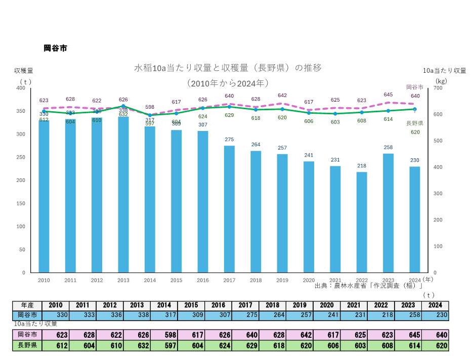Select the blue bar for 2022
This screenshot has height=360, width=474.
coord(361,222)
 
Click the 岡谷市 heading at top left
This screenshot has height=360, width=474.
coord(55,49)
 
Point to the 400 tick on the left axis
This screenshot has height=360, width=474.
coord(21,88)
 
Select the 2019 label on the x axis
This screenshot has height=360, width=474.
coord(282,280)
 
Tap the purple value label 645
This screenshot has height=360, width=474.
coord(388,95)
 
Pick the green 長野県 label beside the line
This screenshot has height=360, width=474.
coord(415,123)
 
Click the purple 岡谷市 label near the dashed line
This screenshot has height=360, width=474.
coord(415,87)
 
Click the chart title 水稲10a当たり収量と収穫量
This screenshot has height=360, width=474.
coord(228,67)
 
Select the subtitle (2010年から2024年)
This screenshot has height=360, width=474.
coord(227,82)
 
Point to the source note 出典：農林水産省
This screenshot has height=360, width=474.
coord(368,286)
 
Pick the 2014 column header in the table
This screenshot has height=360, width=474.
coord(164,305)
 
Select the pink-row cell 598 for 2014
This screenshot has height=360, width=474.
coord(164,335)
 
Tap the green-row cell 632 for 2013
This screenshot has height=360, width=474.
coord(137,346)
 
